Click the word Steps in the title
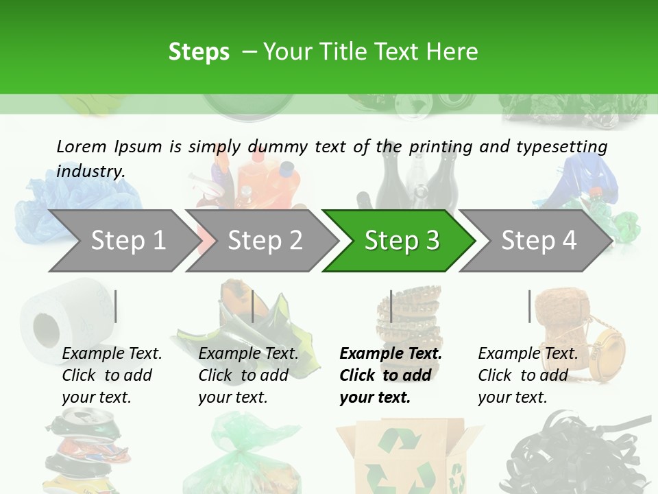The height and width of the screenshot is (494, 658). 199,52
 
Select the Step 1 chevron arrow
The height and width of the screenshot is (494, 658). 123,241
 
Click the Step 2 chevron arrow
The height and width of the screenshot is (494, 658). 264,241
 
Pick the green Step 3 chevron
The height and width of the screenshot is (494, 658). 400,241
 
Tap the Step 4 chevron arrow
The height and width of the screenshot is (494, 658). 538,241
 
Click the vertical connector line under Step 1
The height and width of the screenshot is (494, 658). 116,306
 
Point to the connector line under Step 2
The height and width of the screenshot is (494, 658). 253,306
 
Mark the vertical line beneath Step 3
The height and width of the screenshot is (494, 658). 391,306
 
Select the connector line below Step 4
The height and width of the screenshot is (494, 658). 529,306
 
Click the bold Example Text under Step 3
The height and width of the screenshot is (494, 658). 390,375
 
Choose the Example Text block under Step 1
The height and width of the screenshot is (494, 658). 112,375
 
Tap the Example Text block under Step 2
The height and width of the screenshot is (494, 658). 248,375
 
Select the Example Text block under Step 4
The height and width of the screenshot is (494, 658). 528,375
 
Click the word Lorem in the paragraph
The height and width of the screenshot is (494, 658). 81,147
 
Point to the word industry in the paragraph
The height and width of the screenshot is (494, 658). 90,172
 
